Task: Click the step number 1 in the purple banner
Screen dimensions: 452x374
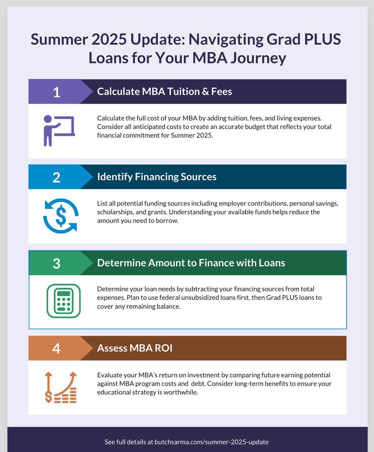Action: point(56,92)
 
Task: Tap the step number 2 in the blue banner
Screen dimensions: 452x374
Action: point(56,177)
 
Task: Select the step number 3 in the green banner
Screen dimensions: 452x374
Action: point(56,263)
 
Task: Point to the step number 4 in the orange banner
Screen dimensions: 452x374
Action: point(56,348)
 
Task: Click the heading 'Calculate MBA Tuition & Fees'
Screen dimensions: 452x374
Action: point(164,92)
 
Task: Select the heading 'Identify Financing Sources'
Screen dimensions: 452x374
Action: point(157,177)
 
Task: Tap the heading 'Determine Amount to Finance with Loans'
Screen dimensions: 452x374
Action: point(191,263)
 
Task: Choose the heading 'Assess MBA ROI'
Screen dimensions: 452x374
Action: point(134,348)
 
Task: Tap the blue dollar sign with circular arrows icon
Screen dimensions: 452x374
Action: point(60,215)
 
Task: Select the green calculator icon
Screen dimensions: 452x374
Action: point(63,301)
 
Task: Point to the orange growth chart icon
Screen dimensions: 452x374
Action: point(60,387)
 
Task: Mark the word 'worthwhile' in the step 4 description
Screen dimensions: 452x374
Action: point(178,392)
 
